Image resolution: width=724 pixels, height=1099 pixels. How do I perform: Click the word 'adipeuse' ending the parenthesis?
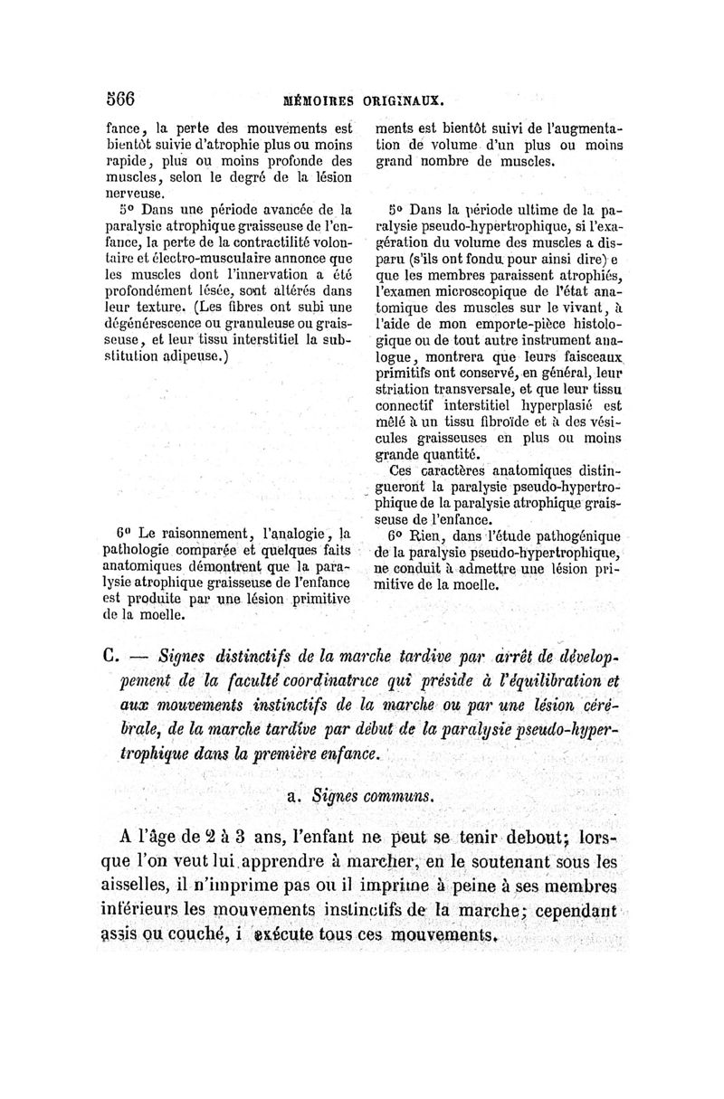[x=189, y=356]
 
